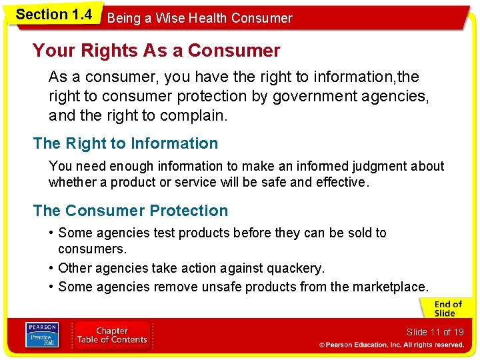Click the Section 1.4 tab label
[53, 15]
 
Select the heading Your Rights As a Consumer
[157, 51]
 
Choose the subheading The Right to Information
[125, 143]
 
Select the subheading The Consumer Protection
[130, 211]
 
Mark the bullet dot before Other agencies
[51, 268]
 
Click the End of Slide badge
[444, 309]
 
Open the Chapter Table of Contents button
[111, 335]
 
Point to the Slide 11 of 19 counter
[435, 332]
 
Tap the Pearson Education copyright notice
[391, 345]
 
